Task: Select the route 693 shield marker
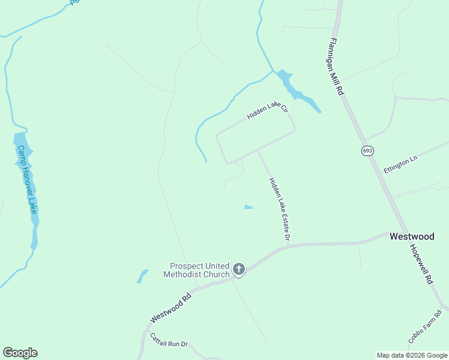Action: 367,150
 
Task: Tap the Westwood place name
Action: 412,236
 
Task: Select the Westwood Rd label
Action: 171,305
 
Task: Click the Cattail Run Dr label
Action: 169,340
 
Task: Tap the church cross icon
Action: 239,269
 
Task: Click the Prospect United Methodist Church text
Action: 200,270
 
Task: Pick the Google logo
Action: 20,353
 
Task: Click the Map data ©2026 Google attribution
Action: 412,355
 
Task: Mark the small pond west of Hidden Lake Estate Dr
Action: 249,208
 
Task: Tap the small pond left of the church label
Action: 142,276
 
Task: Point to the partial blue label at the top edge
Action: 74,2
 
